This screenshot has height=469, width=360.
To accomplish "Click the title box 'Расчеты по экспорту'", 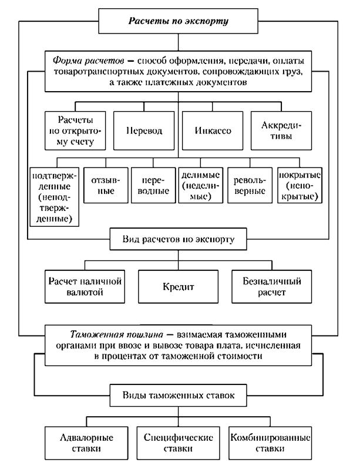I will coord(179,22).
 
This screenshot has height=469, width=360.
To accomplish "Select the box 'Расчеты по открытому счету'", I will coord(75,129).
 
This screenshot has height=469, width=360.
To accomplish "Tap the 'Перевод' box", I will coord(143,129).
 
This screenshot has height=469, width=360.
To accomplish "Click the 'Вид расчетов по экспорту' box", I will coord(179,239).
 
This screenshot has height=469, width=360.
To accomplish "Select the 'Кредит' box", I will coord(179,287).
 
